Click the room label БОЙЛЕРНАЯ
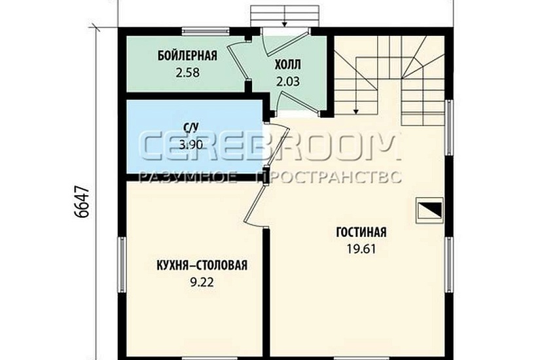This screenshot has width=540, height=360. point(187,56)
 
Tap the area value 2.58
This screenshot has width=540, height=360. point(188,73)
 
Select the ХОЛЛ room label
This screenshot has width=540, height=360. point(287,64)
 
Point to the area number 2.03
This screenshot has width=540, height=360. point(287,82)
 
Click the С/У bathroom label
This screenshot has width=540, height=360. point(191,128)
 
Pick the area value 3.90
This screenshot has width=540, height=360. point(190,145)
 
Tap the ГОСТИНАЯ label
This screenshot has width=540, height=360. point(361,232)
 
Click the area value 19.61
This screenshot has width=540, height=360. point(361,249)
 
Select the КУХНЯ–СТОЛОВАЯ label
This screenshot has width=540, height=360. point(202,265)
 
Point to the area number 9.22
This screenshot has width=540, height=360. point(202,282)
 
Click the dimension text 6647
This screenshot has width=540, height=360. point(82,202)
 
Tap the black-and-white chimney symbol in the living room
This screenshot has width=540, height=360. point(429,210)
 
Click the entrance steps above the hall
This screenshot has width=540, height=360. point(285,16)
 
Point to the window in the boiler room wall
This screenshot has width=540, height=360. point(206,31)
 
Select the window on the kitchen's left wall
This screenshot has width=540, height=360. point(122,264)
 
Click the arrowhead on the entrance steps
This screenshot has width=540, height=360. point(285,24)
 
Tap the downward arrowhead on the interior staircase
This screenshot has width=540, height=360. point(356,111)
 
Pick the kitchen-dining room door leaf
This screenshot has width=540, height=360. point(255,206)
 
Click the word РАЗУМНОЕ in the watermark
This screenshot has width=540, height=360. point(188,177)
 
